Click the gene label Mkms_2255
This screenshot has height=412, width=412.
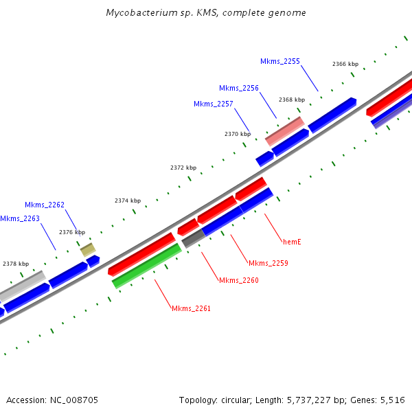280,61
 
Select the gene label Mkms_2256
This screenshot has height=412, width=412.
239,88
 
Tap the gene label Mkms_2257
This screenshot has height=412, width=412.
214,104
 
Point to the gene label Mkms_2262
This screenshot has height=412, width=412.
45,205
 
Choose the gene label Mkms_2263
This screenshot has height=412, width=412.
20,218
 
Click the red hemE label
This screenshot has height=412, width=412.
293,242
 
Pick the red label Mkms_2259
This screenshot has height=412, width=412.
268,263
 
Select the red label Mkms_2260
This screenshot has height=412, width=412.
239,280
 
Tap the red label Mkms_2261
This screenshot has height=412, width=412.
192,308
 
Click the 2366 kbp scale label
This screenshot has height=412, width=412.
345,64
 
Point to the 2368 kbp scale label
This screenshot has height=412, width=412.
292,100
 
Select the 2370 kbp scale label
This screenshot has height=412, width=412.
238,134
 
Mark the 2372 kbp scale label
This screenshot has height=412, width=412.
183,168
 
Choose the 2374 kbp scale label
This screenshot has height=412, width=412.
128,201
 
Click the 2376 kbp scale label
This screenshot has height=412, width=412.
72,232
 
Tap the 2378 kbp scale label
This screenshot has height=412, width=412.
16,264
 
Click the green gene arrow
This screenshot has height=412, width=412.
146,266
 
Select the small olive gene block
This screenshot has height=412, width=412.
88,249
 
